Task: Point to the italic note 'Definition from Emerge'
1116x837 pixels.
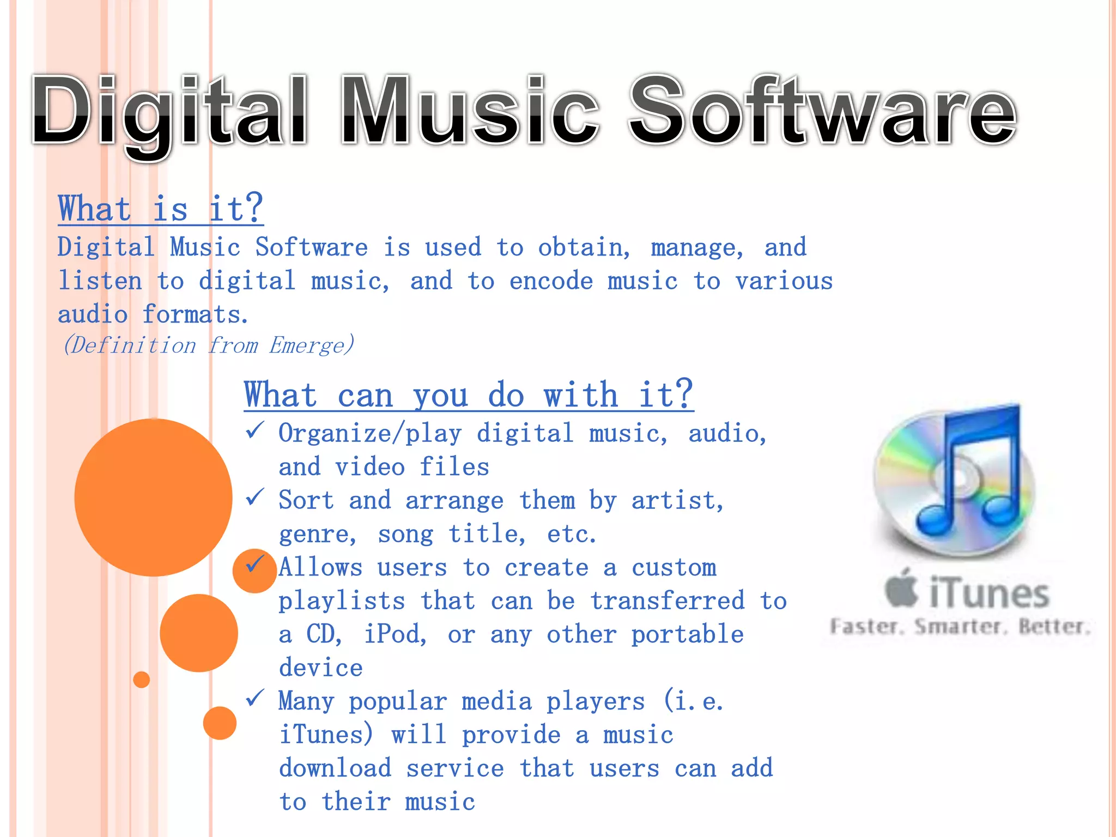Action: click(x=209, y=345)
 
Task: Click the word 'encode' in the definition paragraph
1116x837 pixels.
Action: click(x=551, y=282)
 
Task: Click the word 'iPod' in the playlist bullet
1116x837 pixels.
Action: click(x=395, y=634)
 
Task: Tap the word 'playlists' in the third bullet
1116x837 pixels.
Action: click(x=342, y=601)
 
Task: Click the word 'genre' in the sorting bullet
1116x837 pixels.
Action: click(x=317, y=534)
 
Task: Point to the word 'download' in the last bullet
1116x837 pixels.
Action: click(x=335, y=768)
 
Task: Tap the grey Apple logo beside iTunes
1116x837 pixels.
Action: click(x=901, y=589)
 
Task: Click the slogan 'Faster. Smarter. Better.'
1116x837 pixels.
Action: click(x=960, y=627)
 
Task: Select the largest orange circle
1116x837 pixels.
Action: click(x=153, y=497)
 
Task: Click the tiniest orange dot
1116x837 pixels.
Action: click(x=142, y=680)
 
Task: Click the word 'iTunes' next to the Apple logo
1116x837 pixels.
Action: click(x=988, y=593)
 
